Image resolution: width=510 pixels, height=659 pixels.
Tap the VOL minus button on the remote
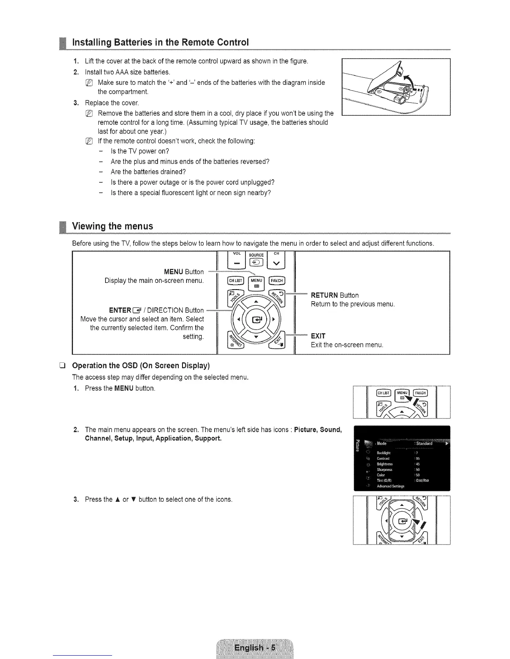pos(237,263)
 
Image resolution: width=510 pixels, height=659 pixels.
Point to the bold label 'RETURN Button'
pos(335,295)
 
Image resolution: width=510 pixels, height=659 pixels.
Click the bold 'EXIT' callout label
pos(318,336)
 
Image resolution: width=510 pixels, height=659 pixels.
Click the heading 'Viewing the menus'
pos(112,226)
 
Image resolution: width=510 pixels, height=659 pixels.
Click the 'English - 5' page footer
pos(255,648)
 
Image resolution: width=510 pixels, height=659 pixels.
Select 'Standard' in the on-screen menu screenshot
pos(424,443)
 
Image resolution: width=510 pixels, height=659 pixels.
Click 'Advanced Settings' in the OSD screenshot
pos(390,486)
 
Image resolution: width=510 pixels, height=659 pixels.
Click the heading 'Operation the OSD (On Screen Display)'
pos(141,366)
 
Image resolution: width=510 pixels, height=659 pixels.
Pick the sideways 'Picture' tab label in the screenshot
pos(357,443)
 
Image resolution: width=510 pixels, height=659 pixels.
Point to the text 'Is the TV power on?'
pos(140,151)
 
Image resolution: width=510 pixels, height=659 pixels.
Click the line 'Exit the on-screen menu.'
pos(347,345)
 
